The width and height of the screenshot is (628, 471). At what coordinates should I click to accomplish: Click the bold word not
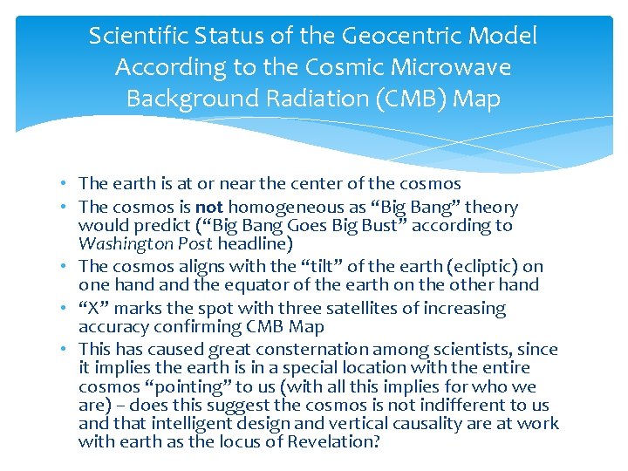click(x=208, y=208)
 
